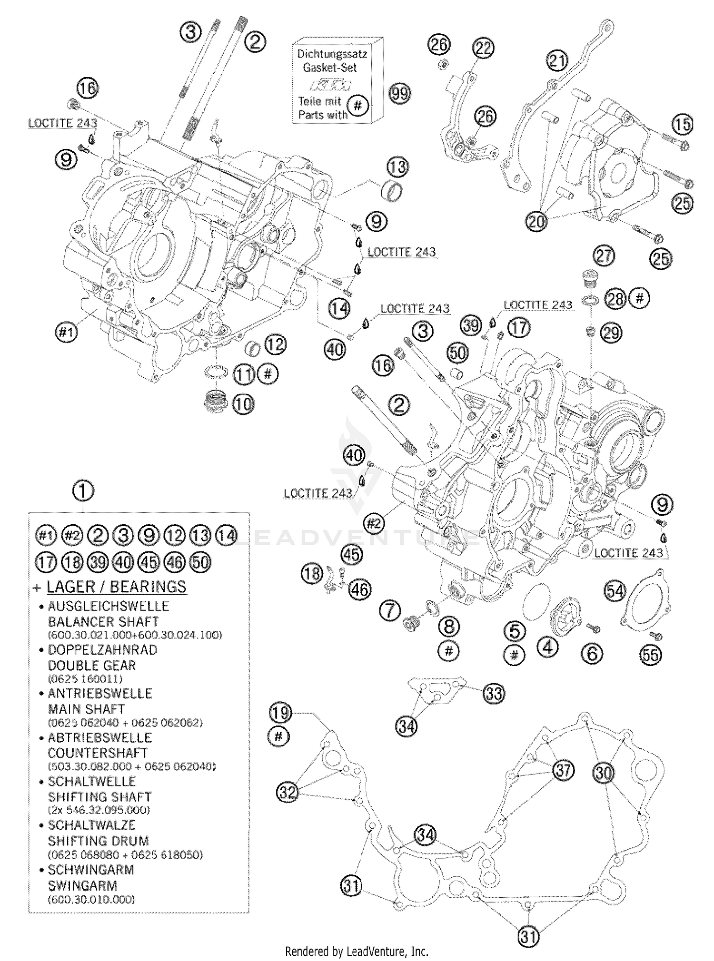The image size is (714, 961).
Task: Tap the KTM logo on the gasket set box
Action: (331, 85)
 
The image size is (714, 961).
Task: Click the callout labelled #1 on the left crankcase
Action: (66, 332)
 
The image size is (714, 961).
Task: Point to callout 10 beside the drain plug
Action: (243, 404)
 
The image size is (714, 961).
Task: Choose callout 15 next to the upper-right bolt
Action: (682, 125)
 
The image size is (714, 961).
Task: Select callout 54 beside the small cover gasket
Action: (615, 591)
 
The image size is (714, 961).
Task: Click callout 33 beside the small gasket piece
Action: (494, 693)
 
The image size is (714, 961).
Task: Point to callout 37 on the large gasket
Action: (563, 770)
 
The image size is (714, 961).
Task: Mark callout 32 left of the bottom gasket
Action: (288, 792)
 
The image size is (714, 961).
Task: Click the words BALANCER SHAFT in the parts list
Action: (103, 622)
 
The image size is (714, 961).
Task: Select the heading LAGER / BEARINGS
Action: (117, 587)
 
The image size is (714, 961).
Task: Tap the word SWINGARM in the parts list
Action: (82, 885)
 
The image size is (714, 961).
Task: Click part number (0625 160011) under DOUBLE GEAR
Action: (85, 679)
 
